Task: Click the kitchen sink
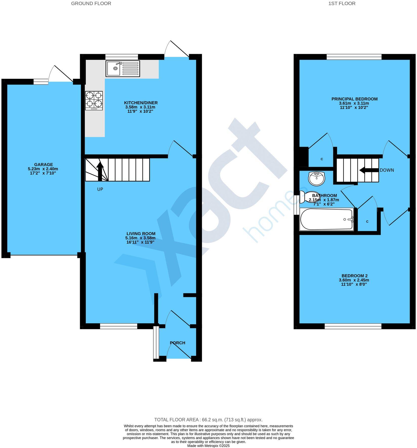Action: (123, 68)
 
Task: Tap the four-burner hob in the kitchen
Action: (94, 100)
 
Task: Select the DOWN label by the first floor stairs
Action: (387, 170)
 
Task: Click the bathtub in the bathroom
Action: (326, 219)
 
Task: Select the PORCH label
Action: (177, 343)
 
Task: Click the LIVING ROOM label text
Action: (141, 233)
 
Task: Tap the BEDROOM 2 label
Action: (354, 276)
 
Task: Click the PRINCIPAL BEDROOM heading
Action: (354, 99)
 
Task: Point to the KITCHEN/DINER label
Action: (141, 103)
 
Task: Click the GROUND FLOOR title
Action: (91, 4)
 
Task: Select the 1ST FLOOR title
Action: (342, 4)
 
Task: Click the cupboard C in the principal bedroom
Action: (322, 159)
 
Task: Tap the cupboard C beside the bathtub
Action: (367, 222)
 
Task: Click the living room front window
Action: (118, 327)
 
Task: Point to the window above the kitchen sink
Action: (121, 57)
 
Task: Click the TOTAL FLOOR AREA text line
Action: (208, 420)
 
